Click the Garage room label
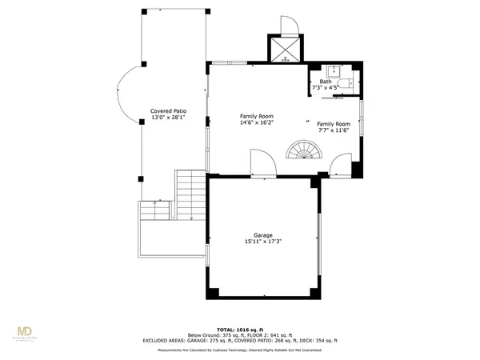coord(264,235)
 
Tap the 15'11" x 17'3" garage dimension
coord(264,242)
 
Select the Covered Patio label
coord(168,111)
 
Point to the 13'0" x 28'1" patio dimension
coord(168,118)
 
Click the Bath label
coord(326,81)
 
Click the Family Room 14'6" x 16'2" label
coord(257,119)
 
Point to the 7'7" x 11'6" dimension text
coord(333,130)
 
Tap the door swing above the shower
coord(288,26)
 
